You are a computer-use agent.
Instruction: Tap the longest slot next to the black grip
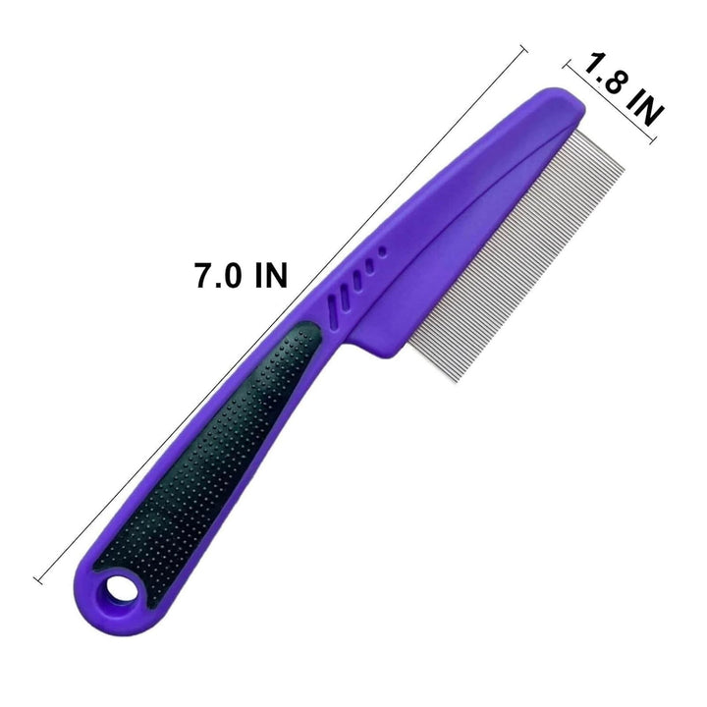tap(339, 304)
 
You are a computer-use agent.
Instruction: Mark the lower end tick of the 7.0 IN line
tap(38, 581)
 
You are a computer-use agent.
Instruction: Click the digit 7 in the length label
tap(203, 275)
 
